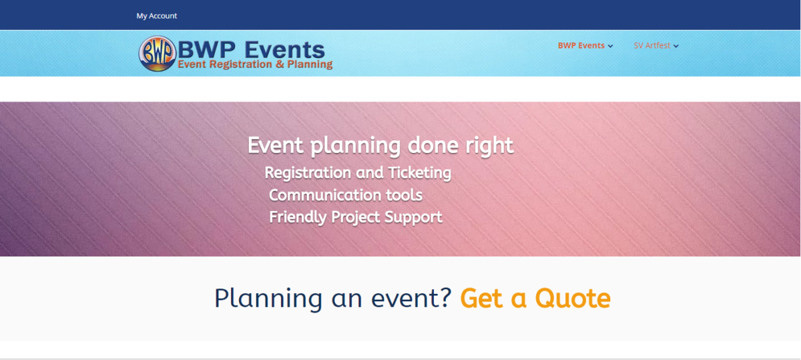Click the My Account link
[x=157, y=16]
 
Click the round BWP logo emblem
[x=158, y=53]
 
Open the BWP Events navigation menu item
[x=581, y=45]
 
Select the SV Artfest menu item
[x=652, y=45]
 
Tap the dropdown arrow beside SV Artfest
[x=676, y=46]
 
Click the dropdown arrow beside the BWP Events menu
[x=610, y=46]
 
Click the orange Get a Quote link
[x=535, y=298]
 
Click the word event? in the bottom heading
[x=411, y=299]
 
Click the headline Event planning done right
[x=380, y=146]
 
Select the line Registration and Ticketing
[x=358, y=173]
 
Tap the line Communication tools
[x=346, y=196]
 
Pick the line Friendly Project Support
[x=355, y=217]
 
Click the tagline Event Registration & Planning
[x=255, y=64]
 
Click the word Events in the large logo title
[x=284, y=49]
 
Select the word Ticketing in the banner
[x=419, y=173]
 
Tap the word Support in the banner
[x=413, y=218]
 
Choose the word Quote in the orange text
[x=573, y=298]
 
